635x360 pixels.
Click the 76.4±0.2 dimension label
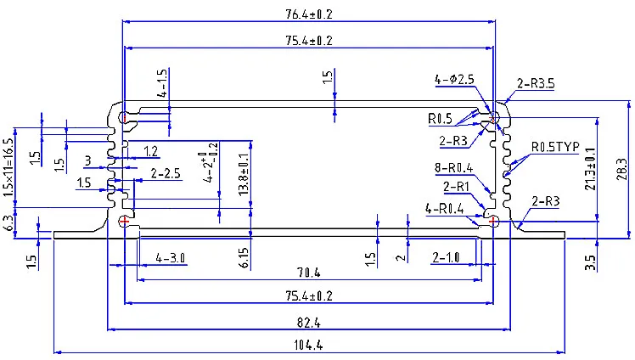309,14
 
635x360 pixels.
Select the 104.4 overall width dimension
308,345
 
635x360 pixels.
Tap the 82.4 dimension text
309,323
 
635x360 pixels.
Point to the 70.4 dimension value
309,273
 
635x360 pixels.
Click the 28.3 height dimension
623,169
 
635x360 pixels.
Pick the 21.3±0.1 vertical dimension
591,169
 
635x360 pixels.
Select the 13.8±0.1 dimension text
244,175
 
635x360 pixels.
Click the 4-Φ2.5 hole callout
454,79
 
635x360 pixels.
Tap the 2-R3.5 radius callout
536,83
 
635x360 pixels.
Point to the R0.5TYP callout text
555,147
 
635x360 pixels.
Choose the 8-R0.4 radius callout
453,167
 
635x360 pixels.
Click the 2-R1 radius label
456,187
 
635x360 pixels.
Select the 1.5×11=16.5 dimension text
8,167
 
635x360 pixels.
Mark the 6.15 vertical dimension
244,258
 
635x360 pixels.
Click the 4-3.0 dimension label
171,257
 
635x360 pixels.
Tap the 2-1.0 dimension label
446,257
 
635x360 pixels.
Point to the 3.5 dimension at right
590,262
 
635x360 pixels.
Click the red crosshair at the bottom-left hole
124,221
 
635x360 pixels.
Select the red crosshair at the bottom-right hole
493,221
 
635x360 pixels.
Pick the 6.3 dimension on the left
8,223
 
